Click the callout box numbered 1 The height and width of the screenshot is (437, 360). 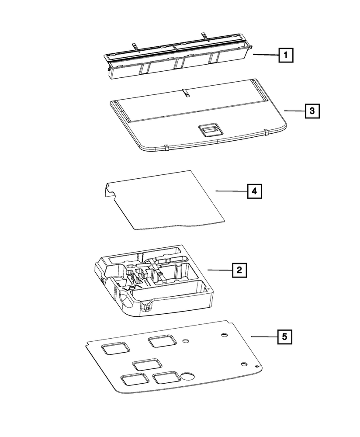point(285,56)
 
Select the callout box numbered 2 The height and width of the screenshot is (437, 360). point(239,271)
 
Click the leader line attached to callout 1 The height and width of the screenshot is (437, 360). point(265,55)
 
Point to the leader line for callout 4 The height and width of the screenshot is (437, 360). point(231,191)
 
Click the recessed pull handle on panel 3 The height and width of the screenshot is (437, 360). point(209,130)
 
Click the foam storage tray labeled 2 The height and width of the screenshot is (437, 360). point(153,280)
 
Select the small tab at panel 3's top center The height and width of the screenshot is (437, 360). point(185,93)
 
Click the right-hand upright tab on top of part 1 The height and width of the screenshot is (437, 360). point(203,35)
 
